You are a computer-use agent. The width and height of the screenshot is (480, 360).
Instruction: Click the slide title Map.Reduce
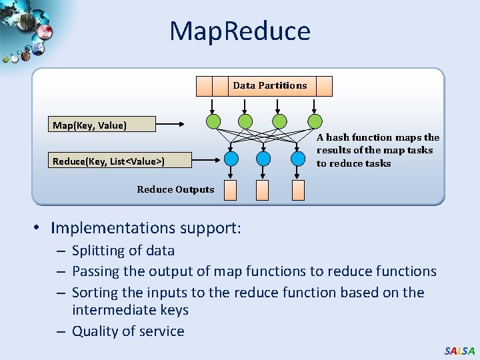[239, 31]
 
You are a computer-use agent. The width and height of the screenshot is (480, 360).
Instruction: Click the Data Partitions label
[270, 85]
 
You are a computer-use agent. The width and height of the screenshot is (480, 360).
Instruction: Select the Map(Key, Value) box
[103, 125]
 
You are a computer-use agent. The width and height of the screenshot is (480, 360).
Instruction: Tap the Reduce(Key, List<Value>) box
[113, 160]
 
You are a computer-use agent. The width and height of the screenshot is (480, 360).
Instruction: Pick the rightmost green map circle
[315, 121]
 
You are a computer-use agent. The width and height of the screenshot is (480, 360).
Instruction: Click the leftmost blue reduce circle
[231, 159]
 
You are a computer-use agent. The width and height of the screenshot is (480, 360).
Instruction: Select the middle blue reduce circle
[263, 159]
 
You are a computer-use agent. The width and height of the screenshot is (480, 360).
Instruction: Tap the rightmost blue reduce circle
[297, 159]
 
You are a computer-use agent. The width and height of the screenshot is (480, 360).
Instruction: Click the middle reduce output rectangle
[263, 190]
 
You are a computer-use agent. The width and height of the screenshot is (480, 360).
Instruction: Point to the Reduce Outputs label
[175, 189]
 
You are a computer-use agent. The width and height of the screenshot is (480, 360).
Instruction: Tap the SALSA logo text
[459, 350]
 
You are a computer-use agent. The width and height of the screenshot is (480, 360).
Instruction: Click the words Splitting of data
[123, 251]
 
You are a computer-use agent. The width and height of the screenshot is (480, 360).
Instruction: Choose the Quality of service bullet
[128, 331]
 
